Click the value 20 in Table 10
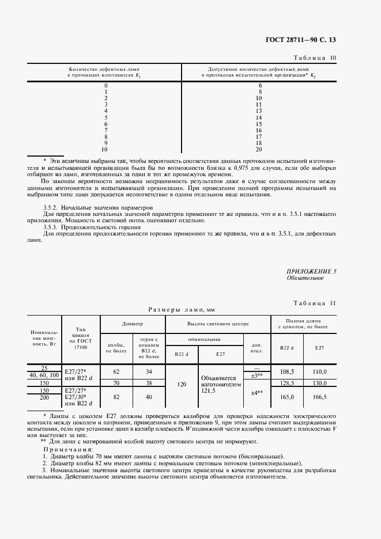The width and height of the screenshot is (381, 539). coord(259,149)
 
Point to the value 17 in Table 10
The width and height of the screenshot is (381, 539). coord(259,136)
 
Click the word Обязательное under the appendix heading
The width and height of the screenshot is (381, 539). coord(305,278)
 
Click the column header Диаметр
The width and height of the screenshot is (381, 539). coord(133,324)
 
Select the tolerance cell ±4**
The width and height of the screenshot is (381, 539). coord(257,393)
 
